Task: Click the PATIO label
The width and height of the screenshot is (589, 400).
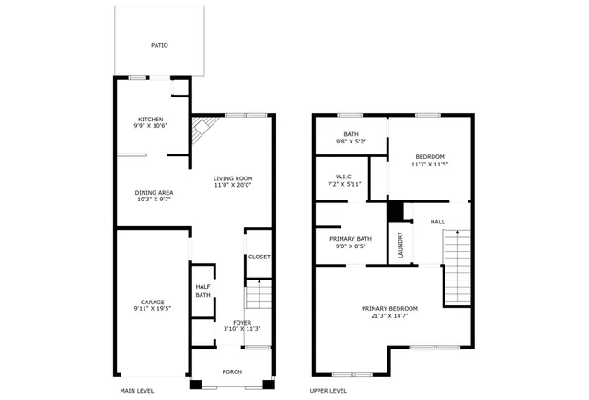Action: coord(159,45)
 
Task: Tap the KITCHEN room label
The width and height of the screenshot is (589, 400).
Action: coord(151,119)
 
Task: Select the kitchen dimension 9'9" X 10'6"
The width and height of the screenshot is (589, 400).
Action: coord(151,126)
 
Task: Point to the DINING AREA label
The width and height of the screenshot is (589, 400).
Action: coord(155,192)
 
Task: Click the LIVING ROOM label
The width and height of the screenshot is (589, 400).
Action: coord(233,178)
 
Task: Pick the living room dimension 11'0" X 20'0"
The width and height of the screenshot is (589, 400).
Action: coord(233,186)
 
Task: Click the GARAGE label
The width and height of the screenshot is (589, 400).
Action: coord(152,302)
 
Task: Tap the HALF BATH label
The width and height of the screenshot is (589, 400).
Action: coord(202,291)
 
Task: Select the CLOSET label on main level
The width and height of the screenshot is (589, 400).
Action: coord(260,257)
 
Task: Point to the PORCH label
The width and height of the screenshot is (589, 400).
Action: coord(232,371)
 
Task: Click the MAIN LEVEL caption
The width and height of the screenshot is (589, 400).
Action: coord(137,391)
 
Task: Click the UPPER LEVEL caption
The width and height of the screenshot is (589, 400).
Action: coord(328,391)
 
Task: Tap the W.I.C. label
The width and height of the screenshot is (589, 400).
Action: coord(344,177)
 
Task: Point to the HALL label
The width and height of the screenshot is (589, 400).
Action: coord(437,222)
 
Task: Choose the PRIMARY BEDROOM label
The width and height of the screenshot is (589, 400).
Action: coord(389,308)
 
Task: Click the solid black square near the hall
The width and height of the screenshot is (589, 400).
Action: coord(396,211)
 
